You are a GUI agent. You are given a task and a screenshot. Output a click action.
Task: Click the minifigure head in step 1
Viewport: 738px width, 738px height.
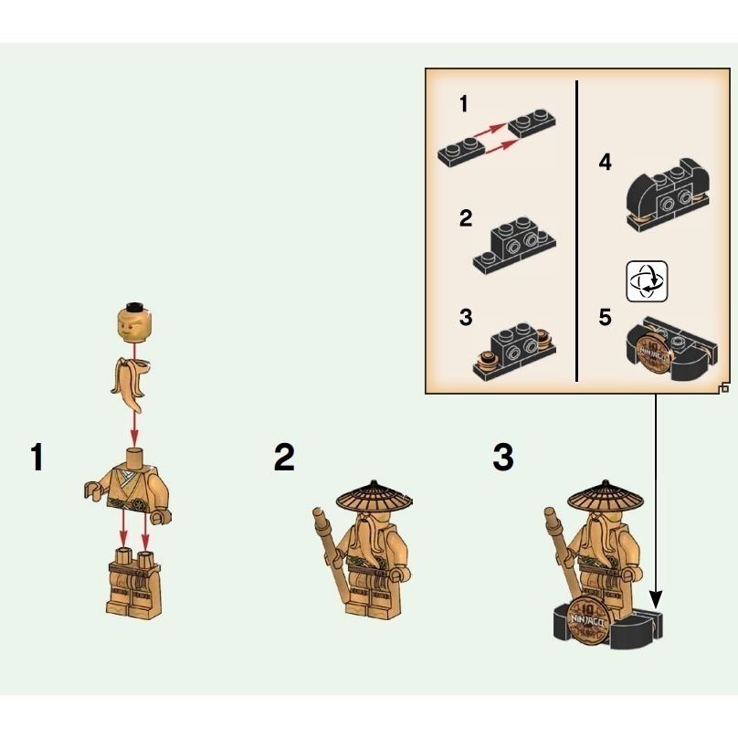point(134,322)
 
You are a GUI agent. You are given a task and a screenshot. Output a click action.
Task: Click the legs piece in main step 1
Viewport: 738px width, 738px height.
point(134,583)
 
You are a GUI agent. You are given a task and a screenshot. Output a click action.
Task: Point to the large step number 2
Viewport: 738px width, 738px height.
point(284,457)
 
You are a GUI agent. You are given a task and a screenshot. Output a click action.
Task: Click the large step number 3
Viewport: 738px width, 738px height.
point(503,457)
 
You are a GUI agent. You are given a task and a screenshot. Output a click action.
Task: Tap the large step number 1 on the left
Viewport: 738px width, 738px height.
point(37,457)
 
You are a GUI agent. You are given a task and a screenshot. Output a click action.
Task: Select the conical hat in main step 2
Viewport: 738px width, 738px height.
point(374,496)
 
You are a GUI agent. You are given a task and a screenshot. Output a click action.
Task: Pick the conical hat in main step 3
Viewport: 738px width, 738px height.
point(606,496)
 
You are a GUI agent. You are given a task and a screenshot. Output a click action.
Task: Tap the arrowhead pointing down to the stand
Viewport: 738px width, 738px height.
point(656,600)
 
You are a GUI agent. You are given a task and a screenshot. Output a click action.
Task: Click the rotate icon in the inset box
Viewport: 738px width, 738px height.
point(647,281)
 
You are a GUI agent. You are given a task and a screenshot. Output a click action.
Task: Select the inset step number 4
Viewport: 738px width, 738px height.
point(606,162)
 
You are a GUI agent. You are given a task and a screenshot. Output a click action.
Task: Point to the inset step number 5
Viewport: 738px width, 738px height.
point(606,317)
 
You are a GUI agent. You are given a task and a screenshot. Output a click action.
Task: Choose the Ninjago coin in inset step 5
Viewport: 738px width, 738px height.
point(654,353)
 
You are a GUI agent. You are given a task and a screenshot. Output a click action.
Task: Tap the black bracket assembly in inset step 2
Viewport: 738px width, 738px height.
point(514,244)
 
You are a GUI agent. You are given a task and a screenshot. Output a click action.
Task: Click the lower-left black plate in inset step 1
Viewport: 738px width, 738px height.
point(460,151)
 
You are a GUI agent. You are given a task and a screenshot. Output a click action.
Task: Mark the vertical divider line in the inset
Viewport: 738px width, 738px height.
point(576,230)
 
